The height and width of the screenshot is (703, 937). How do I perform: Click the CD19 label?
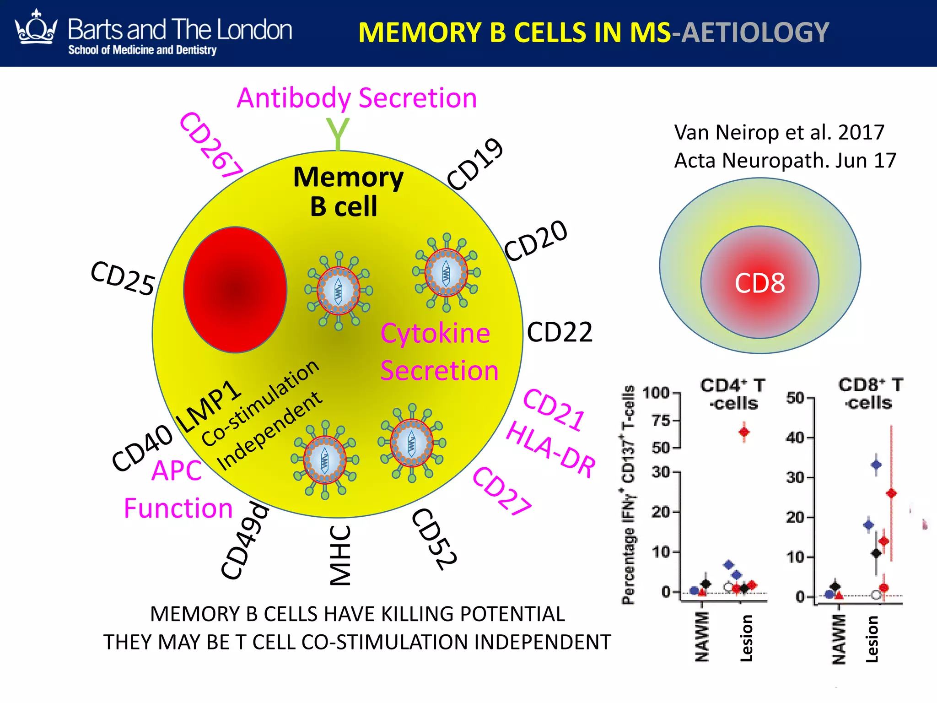(475, 164)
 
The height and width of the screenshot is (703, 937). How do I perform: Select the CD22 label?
(559, 332)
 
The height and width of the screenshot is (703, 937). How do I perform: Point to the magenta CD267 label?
(211, 145)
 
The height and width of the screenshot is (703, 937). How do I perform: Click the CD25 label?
(123, 278)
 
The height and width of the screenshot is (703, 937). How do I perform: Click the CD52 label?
(434, 539)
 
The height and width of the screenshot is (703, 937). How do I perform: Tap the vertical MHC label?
(341, 555)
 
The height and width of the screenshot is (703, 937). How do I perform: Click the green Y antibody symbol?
(338, 134)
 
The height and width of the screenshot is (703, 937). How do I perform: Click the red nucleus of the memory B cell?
(235, 290)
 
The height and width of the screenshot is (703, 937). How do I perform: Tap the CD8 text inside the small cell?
(759, 283)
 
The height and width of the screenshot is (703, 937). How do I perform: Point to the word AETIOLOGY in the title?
(755, 33)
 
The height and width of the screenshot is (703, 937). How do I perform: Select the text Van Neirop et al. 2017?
(779, 133)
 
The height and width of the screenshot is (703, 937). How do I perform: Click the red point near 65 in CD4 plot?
(744, 432)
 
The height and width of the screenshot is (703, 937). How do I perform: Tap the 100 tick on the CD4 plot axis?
(656, 393)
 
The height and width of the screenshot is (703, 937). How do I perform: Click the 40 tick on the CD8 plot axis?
(795, 438)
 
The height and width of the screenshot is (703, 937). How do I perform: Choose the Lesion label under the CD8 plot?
(872, 639)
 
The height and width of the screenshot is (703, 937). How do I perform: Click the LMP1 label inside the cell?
(208, 406)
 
